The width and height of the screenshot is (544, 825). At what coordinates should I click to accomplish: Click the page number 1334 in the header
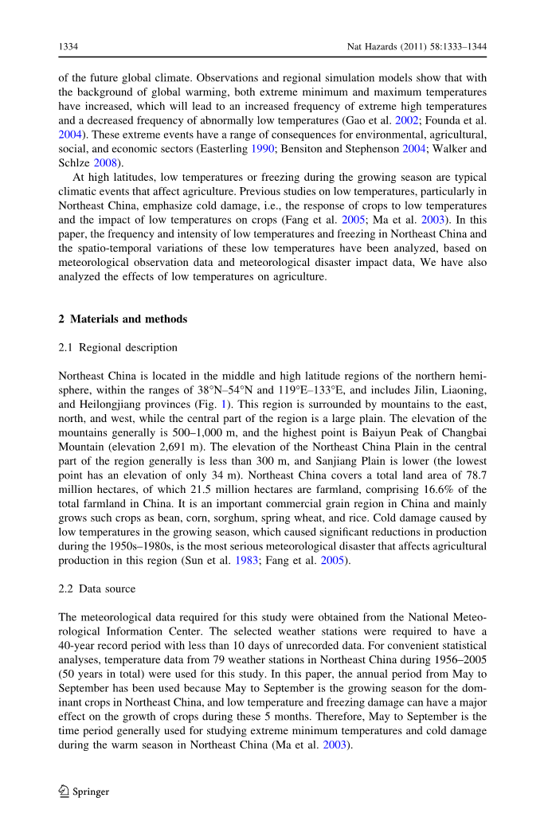[x=68, y=47]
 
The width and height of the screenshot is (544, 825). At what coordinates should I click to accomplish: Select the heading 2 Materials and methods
[x=123, y=319]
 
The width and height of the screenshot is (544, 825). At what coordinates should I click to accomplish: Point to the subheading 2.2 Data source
[x=97, y=588]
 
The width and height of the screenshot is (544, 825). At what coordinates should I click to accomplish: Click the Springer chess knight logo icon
[x=65, y=791]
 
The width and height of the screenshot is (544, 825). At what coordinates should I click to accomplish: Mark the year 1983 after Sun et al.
[x=324, y=561]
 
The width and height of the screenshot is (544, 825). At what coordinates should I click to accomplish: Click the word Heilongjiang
[x=106, y=404]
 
